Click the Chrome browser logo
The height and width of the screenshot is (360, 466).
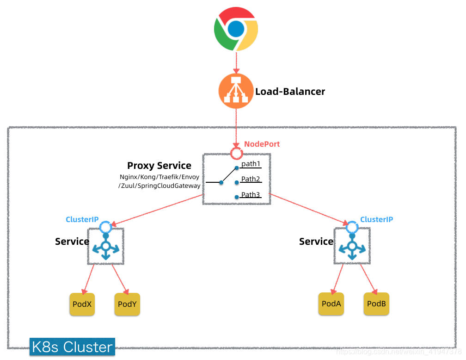(236, 30)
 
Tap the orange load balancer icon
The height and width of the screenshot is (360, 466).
(236, 91)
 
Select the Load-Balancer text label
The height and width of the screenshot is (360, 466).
(290, 92)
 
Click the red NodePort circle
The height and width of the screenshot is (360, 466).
(237, 153)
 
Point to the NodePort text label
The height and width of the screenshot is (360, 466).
(262, 144)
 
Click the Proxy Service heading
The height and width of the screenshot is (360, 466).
(159, 166)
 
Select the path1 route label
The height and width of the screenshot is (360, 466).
(251, 164)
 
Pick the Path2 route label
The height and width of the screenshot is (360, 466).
(251, 179)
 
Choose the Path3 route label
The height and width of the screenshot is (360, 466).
(251, 195)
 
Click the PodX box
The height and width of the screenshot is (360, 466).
(82, 304)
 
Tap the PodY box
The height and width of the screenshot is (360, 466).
(127, 304)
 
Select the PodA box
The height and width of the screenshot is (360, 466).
(331, 304)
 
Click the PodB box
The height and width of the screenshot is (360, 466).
(376, 304)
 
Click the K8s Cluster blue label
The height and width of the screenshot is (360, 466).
(72, 347)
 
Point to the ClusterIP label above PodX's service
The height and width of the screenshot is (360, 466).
(82, 219)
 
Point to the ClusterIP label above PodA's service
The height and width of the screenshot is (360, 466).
(376, 219)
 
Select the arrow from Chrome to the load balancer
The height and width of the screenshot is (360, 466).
(236, 63)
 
